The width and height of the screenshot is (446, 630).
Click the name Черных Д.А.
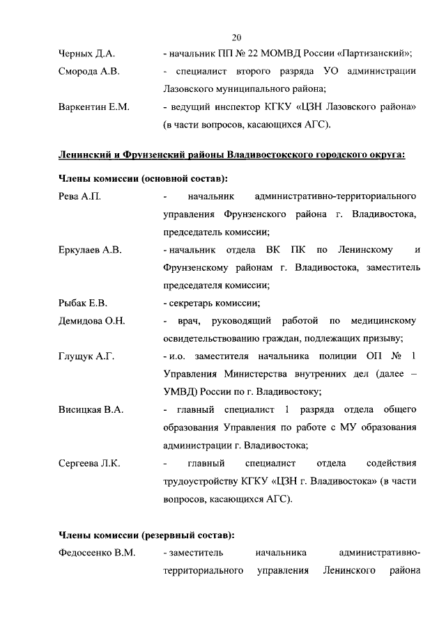click(x=86, y=54)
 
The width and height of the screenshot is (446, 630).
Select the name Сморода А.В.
click(x=89, y=72)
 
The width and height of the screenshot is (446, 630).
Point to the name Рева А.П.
click(x=80, y=196)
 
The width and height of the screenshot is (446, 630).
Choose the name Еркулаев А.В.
click(x=91, y=250)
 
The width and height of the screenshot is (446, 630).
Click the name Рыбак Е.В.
click(x=83, y=303)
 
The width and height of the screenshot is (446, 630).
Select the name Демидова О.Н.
click(x=92, y=321)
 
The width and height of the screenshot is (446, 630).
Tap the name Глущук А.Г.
click(x=86, y=356)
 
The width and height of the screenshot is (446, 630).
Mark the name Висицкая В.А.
click(x=91, y=410)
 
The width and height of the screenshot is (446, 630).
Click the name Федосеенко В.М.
click(x=97, y=553)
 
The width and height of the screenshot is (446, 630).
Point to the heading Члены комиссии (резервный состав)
click(x=146, y=535)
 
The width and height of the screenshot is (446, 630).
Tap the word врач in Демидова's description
click(x=188, y=321)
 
